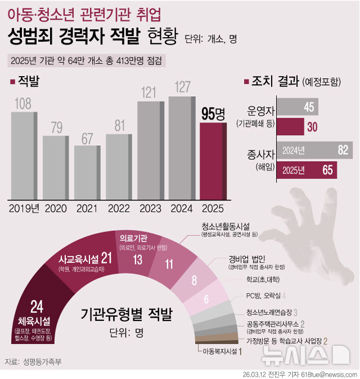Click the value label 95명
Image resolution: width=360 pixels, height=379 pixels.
(x=213, y=114)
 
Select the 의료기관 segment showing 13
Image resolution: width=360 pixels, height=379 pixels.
(x=137, y=256)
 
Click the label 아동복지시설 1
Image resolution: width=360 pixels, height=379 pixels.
(x=222, y=352)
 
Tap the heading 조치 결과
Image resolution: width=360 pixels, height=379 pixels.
(x=274, y=82)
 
